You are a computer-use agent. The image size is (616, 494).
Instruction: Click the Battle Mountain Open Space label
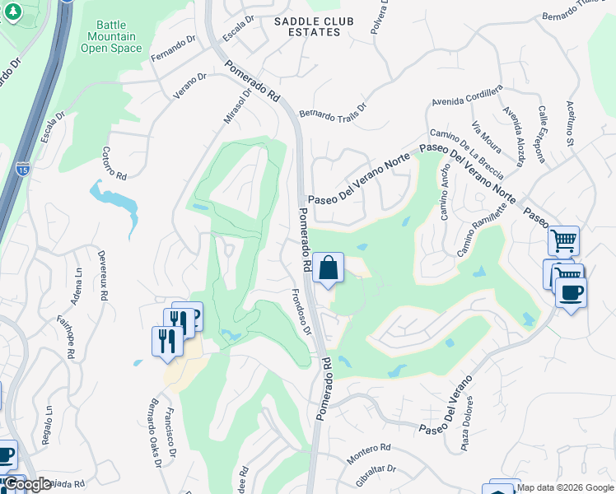pyautogui.click(x=111, y=37)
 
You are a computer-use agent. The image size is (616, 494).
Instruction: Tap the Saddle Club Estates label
pyautogui.click(x=308, y=26)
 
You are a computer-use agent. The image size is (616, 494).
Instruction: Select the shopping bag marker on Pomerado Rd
pyautogui.click(x=328, y=268)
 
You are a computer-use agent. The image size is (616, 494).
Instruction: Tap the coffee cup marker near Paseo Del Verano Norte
pyautogui.click(x=570, y=292)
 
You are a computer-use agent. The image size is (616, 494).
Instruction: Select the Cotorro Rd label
pyautogui.click(x=114, y=164)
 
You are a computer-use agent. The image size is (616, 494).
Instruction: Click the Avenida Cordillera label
pyautogui.click(x=466, y=97)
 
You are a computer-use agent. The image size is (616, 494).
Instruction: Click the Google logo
pyautogui.click(x=28, y=484)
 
